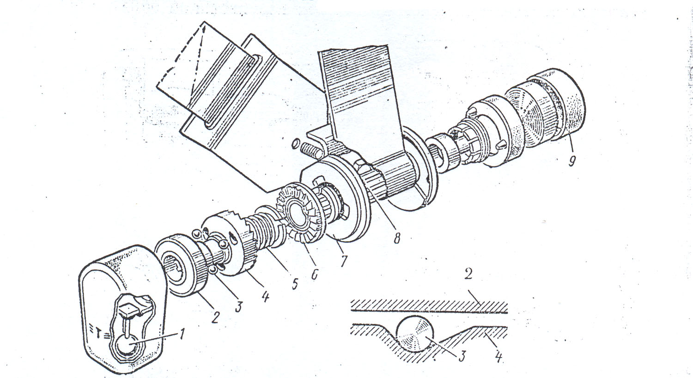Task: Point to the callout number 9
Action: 572,162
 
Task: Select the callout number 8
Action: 395,239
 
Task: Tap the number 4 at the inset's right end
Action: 498,357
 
